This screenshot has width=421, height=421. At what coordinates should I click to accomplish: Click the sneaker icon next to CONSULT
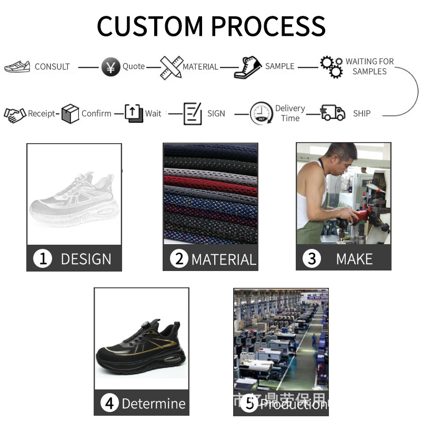coord(17,67)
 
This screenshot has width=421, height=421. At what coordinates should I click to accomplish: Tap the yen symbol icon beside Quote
coord(111,67)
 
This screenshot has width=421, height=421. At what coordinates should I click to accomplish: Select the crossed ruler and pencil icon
coord(171,67)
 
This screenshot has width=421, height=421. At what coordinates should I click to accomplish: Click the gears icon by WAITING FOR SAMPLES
coord(332,67)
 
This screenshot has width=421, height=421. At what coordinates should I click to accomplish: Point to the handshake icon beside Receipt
coord(15,114)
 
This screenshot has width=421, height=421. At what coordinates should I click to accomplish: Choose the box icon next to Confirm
coord(70,114)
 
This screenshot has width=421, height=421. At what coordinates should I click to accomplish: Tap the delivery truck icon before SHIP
coord(333,113)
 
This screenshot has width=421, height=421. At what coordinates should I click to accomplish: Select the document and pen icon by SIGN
coord(193,114)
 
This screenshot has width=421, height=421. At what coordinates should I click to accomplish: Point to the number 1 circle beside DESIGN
coord(43,259)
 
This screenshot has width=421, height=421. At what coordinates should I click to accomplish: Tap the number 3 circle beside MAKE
coord(312,259)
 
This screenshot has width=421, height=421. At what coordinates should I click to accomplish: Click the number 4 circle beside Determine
coord(109,404)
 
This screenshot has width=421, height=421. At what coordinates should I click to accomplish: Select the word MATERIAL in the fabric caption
coord(224,259)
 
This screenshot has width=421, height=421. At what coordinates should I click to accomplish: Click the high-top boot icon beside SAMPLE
coord(248,67)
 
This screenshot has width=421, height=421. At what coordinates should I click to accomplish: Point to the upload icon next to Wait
coord(134,113)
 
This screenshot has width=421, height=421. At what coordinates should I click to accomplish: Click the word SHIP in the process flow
coord(362,113)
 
